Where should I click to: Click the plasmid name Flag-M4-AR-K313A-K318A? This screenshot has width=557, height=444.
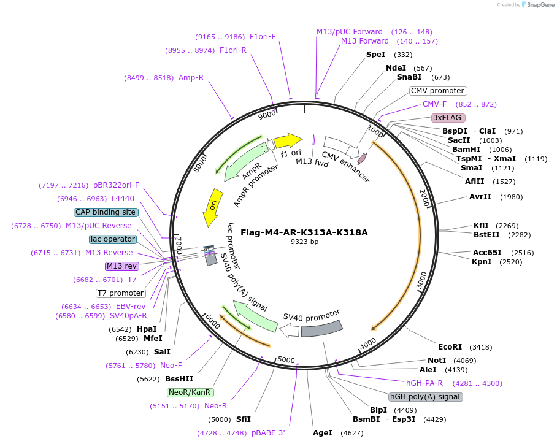(304, 232)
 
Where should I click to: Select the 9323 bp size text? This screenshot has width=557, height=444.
(304, 242)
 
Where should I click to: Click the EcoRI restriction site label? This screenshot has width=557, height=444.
(450, 347)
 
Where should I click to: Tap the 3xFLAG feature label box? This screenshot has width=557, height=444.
(448, 117)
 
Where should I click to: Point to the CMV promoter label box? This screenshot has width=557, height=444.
(437, 91)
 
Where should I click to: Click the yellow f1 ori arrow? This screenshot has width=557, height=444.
(288, 141)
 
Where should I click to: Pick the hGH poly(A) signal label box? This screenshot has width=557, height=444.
(426, 397)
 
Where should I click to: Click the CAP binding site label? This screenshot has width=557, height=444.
(106, 212)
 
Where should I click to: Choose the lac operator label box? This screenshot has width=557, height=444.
(112, 239)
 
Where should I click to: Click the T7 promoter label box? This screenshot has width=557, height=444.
(120, 293)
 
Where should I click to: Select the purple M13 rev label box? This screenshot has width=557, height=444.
(122, 266)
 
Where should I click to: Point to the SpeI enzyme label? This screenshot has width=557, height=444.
(375, 55)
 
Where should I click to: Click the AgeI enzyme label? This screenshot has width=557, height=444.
(322, 433)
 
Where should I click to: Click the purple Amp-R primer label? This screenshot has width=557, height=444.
(191, 78)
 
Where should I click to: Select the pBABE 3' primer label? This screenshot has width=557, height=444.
(268, 433)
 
